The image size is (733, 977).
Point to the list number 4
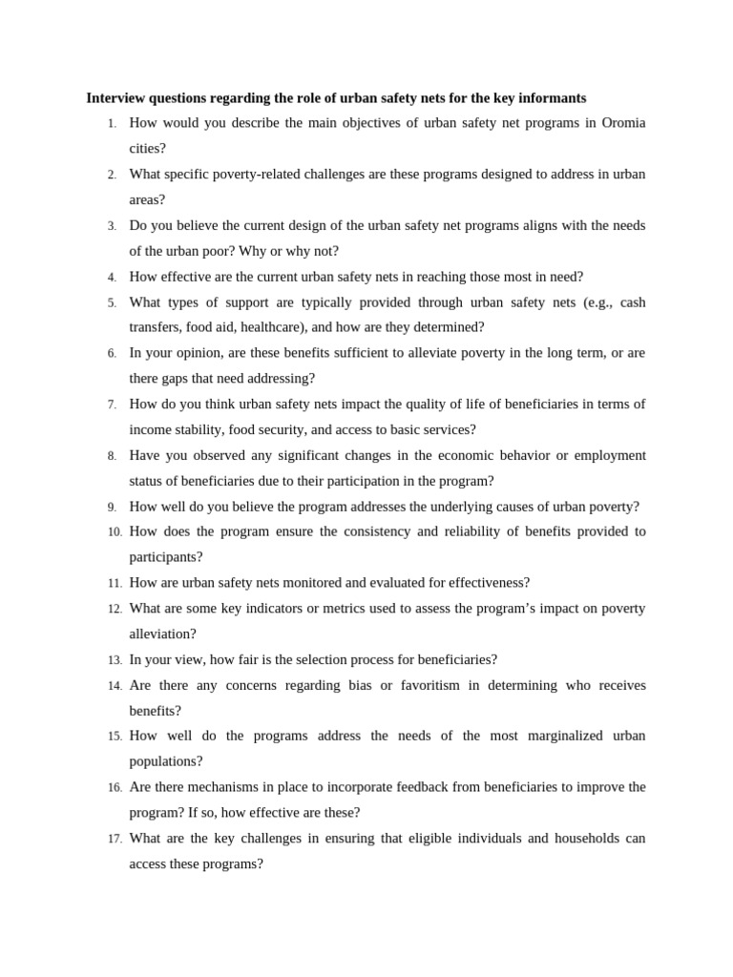coord(112,278)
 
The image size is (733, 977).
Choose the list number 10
coord(115,532)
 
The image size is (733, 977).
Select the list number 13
coord(115,660)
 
